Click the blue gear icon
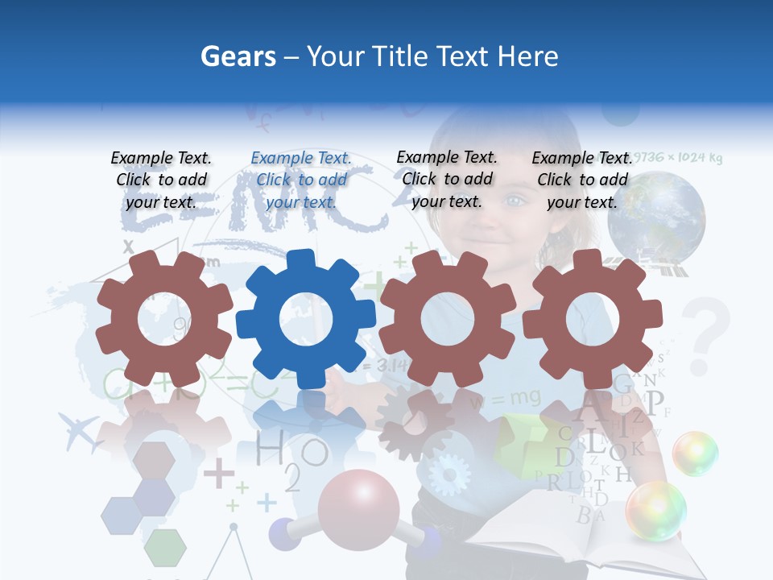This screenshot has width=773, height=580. point(306,319)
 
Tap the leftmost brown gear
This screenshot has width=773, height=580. point(164,319)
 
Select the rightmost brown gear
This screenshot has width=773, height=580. point(593,319)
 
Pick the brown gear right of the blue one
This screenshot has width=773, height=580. point(448,319)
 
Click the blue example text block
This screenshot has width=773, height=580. point(301,180)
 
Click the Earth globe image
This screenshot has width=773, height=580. point(656,217)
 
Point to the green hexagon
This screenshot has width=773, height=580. point(165,547)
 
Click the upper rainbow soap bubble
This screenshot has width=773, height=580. point(695,454)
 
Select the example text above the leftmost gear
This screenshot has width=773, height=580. point(161,180)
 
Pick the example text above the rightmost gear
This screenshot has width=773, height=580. point(582,180)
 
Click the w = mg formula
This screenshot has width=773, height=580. point(493,398)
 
